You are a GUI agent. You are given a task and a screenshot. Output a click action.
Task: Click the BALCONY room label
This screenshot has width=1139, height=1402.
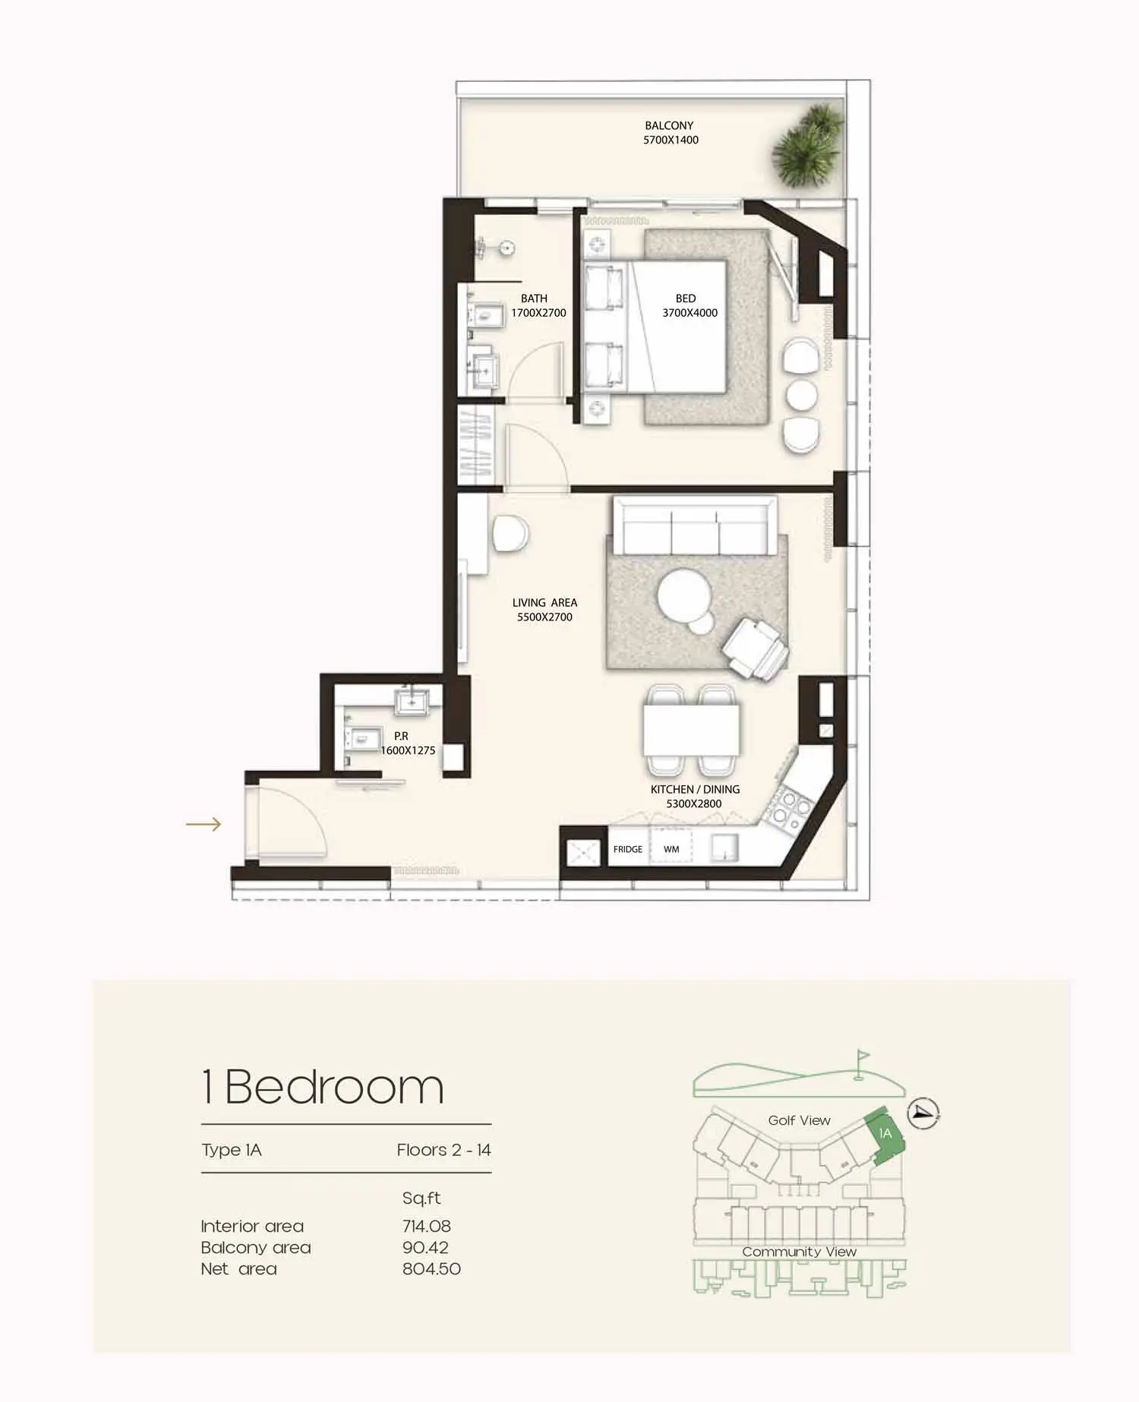pyautogui.click(x=669, y=125)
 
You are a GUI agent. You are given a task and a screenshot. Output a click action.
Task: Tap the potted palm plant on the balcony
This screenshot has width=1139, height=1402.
pyautogui.click(x=808, y=147)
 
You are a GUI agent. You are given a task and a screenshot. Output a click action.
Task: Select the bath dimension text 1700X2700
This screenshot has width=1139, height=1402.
pyautogui.click(x=538, y=313)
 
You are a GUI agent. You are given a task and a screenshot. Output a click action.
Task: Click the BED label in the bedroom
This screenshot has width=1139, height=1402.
pyautogui.click(x=686, y=298)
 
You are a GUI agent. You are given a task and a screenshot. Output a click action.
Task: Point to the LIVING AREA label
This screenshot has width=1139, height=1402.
pyautogui.click(x=544, y=602)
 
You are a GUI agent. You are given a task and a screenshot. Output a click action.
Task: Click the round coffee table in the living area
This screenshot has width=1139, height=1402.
pyautogui.click(x=684, y=597)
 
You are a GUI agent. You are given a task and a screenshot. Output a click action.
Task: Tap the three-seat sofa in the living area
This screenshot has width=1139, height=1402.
pyautogui.click(x=695, y=526)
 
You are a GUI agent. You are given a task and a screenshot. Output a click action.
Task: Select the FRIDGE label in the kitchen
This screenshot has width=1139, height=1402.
pyautogui.click(x=628, y=849)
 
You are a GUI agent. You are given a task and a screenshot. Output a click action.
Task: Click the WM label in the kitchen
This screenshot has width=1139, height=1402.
pyautogui.click(x=671, y=849)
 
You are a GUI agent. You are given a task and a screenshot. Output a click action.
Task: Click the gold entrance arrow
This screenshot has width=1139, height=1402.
pyautogui.click(x=204, y=824)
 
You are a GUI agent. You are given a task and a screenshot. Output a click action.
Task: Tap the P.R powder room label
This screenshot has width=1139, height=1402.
pyautogui.click(x=401, y=736)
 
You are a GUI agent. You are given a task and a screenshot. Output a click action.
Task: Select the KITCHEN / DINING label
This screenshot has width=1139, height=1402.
pyautogui.click(x=695, y=789)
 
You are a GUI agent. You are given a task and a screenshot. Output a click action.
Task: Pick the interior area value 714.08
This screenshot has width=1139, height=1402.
pyautogui.click(x=427, y=1226)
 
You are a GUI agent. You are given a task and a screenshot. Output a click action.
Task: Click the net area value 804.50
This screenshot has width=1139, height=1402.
pyautogui.click(x=431, y=1268)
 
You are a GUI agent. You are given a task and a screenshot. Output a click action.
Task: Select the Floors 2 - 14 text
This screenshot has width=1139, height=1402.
pyautogui.click(x=443, y=1150)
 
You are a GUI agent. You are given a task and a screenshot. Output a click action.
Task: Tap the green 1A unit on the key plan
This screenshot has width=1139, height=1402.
pyautogui.click(x=884, y=1135)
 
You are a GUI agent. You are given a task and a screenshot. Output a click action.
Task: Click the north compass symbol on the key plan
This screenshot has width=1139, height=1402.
pyautogui.click(x=924, y=1113)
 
